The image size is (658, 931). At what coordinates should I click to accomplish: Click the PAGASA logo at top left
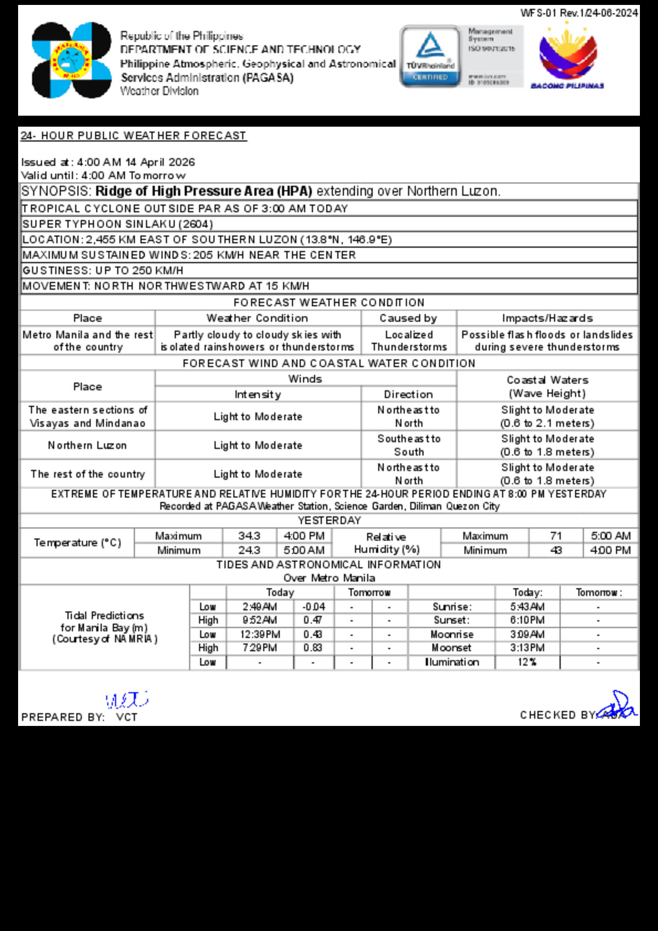coord(71,60)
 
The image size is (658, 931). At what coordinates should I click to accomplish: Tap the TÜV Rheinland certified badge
coord(430,56)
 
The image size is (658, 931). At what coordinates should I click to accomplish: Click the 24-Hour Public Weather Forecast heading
coord(134,135)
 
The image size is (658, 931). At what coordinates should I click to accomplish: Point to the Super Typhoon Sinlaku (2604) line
coord(118,224)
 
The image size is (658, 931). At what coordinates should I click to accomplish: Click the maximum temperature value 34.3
coord(249,536)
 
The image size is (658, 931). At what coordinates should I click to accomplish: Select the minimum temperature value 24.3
coord(249,550)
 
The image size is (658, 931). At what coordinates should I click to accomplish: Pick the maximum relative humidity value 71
coord(555,536)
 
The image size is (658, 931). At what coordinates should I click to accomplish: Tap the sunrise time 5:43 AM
coord(527,606)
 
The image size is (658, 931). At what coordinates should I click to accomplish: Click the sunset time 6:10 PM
coord(527,620)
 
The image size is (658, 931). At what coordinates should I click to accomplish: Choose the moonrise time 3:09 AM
coord(527,634)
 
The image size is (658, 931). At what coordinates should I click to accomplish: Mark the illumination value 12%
coord(527,662)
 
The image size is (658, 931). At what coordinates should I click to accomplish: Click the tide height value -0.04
coord(314,606)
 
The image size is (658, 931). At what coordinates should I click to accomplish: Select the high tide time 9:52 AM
coord(259,620)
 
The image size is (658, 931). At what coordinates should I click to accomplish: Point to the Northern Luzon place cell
coord(87,445)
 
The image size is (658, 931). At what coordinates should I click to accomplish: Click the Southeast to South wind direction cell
coord(409,445)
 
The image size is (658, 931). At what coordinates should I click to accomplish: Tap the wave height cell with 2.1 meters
coord(547,417)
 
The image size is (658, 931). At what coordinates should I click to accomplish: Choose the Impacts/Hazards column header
coord(547,318)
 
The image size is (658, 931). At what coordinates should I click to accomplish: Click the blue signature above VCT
coord(127,700)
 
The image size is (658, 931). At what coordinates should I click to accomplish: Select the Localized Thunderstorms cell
coord(409,340)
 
